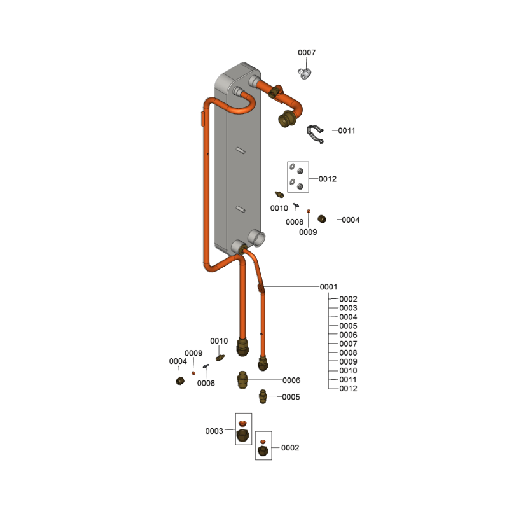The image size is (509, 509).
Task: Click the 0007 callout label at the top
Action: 307,53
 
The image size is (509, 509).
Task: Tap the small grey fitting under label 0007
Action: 305,73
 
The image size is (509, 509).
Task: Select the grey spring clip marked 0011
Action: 315,134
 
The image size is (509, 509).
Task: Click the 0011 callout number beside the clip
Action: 346,130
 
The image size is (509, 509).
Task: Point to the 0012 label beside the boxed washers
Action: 327,179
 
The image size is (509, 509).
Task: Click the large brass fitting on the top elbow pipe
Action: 286,119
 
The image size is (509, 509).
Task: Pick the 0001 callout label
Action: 328,287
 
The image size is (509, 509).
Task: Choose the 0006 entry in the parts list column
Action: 348,335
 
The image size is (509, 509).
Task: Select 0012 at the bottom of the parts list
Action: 348,389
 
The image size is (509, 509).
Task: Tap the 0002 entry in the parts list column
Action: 348,299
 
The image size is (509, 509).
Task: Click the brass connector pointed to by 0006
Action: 242,380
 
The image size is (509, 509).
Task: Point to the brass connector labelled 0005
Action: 263,396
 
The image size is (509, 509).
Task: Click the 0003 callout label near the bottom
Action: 214,431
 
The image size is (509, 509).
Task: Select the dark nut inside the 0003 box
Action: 242,435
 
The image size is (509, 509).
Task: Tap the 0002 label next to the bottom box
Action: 290,448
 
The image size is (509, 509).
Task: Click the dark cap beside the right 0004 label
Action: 322,219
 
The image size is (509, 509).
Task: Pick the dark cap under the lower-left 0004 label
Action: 180,380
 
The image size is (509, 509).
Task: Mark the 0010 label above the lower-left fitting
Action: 219,341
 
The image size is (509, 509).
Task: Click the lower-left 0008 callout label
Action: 206,384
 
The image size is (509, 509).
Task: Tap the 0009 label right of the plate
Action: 308,232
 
